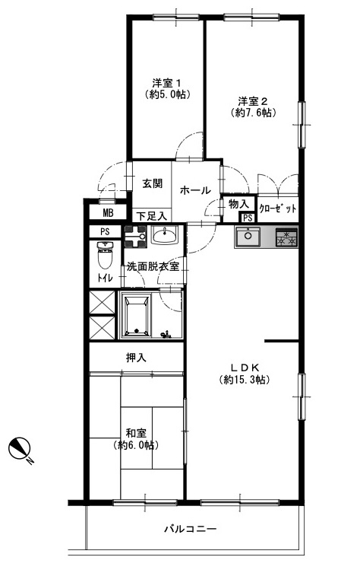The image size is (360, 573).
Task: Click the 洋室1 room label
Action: pyautogui.click(x=166, y=81)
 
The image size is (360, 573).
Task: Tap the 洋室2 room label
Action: pyautogui.click(x=253, y=100)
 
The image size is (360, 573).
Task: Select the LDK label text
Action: pyautogui.click(x=245, y=367)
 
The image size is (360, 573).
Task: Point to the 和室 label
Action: pyautogui.click(x=136, y=433)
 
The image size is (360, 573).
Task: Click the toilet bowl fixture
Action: pyautogui.click(x=106, y=254)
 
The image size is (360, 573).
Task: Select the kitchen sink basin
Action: pyautogui.click(x=248, y=237)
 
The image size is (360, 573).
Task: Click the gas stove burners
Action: pyautogui.click(x=286, y=237)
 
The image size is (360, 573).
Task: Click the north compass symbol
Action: pyautogui.click(x=18, y=447)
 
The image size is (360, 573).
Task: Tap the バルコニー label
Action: pyautogui.click(x=191, y=529)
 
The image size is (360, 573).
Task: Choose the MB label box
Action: pyautogui.click(x=108, y=212)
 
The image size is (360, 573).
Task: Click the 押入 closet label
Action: pyautogui.click(x=136, y=358)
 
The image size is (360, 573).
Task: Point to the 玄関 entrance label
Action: pyautogui.click(x=152, y=183)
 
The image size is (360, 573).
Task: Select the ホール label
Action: pyautogui.click(x=195, y=190)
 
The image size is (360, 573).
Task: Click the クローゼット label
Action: pyautogui.click(x=277, y=209)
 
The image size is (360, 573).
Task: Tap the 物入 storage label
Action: pyautogui.click(x=239, y=204)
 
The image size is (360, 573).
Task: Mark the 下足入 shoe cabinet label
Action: pyautogui.click(x=152, y=216)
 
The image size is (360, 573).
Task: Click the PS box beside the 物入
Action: pyautogui.click(x=248, y=218)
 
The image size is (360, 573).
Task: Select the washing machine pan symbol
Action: pyautogui.click(x=135, y=237)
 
